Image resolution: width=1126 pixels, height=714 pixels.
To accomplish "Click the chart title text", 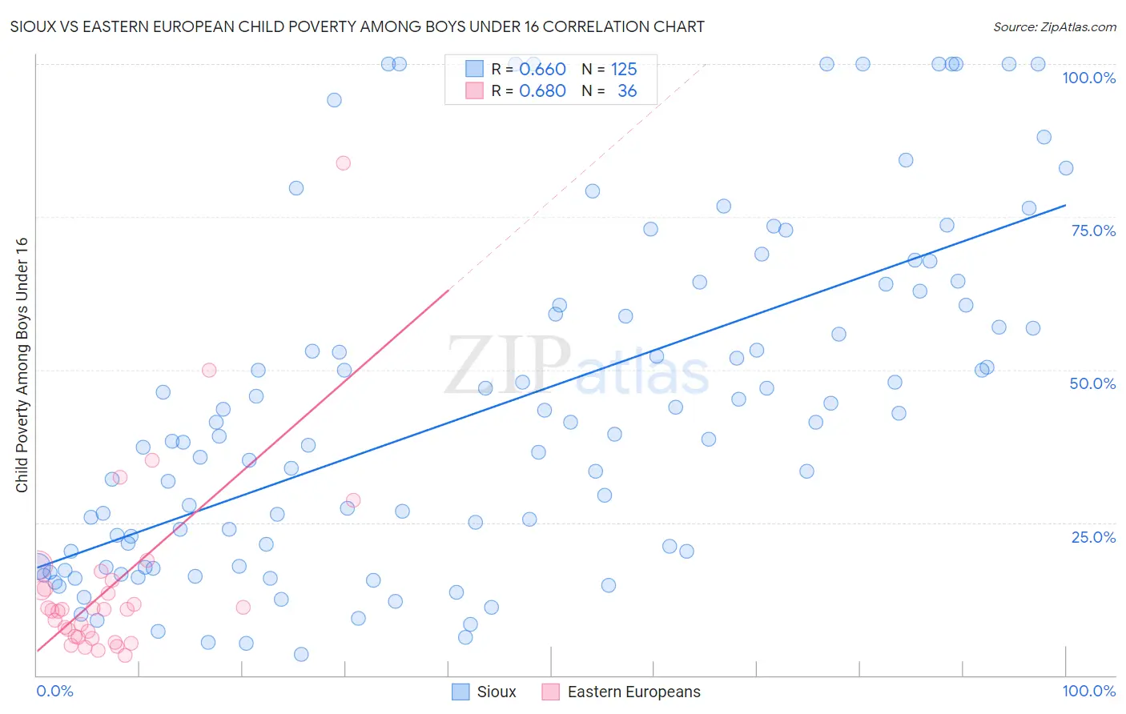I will (x=357, y=26).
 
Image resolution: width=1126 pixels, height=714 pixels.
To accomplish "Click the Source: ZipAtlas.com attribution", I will (x=1054, y=26).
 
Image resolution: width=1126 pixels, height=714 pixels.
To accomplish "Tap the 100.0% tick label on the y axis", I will (x=1088, y=78).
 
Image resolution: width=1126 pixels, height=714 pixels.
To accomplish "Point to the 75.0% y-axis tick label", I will (x=1093, y=231).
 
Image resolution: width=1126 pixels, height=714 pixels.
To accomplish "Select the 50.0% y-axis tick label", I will (x=1092, y=383).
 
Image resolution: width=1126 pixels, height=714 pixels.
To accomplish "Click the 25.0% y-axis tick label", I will (x=1093, y=536).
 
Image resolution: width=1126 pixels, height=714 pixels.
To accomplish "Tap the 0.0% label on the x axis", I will (x=54, y=691).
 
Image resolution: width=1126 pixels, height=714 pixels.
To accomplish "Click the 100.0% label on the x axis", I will (x=1088, y=691).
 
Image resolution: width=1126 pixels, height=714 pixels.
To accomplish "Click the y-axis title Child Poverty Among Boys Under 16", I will (x=22, y=365).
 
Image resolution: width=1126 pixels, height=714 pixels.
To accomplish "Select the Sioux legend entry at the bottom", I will (x=484, y=692).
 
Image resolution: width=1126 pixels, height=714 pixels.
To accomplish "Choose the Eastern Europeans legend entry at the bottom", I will (x=621, y=692).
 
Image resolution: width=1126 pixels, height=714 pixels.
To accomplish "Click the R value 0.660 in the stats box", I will (x=542, y=69).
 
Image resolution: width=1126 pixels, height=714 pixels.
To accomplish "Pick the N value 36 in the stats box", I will (x=627, y=91).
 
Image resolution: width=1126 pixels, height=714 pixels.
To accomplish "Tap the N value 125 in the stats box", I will (x=624, y=69).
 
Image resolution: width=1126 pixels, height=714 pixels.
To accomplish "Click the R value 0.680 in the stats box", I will (x=542, y=91).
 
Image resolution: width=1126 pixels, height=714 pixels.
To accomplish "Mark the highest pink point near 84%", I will (x=343, y=163).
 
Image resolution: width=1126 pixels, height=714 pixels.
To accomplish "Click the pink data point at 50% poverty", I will (x=209, y=370).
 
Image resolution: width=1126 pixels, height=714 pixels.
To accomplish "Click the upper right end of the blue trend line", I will (x=1065, y=206).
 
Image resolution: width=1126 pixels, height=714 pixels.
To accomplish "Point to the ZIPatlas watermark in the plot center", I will (x=577, y=367).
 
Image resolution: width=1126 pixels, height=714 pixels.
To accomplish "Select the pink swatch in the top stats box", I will (x=474, y=91).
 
